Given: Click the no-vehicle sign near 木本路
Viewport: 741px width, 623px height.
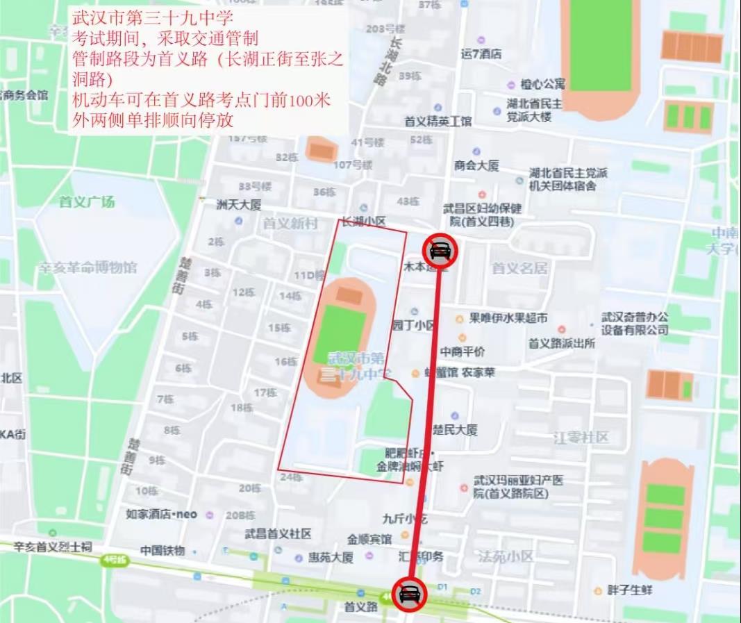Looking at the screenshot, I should point(440,250).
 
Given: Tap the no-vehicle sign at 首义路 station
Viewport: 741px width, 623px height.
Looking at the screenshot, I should point(409,595).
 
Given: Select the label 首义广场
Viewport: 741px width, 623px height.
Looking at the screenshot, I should point(87,202).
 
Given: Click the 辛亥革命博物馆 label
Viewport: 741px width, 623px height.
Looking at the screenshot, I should point(87,267).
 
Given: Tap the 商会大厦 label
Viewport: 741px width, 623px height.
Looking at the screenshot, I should point(476,165).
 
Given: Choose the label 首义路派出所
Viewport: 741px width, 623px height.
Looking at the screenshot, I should point(562,343).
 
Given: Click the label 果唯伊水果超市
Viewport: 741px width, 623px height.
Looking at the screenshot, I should point(508,319).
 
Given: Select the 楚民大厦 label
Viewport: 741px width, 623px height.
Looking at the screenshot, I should point(455,430).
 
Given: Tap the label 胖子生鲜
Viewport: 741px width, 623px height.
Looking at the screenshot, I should point(628,590).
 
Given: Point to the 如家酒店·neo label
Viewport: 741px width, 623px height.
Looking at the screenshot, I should point(162,515).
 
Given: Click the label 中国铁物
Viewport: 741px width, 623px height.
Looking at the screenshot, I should point(163,551).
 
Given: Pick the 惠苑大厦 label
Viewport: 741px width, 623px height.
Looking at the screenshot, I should point(331,558).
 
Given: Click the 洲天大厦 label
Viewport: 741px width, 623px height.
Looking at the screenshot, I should point(238,205).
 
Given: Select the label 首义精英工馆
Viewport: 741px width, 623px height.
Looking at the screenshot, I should point(438,122).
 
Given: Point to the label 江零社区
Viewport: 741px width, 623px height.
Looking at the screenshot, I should point(581,438).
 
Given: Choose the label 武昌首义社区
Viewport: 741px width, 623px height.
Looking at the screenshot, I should point(278,533).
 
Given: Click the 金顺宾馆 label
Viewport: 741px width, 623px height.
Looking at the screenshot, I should point(370,539).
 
